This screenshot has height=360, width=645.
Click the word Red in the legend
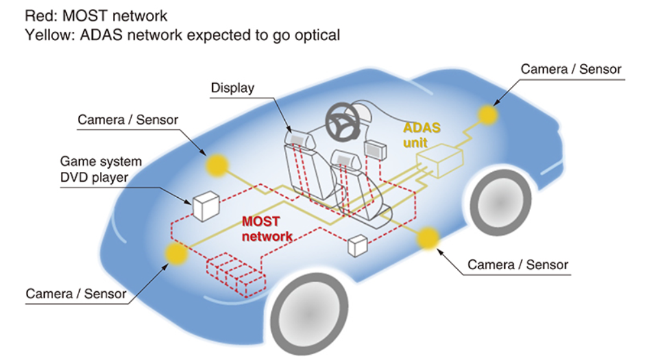click(x=40, y=16)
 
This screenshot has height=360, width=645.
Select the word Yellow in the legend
click(x=49, y=36)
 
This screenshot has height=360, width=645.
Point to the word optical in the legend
click(x=317, y=36)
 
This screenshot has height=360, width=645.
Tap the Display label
click(x=232, y=88)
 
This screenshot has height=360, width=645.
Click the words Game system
click(x=101, y=162)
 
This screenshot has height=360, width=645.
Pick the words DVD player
click(x=94, y=177)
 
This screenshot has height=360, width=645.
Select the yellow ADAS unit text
click(x=421, y=135)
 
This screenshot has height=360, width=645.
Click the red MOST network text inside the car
click(x=267, y=229)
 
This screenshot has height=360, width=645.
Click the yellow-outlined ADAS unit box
click(x=440, y=160)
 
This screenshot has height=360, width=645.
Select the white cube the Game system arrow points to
click(x=206, y=206)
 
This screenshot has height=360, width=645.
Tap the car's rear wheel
click(x=500, y=202)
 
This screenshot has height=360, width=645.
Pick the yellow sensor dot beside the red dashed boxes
click(x=176, y=254)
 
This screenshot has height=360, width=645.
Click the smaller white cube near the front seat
click(x=358, y=246)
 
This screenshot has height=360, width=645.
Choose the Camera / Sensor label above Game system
click(x=128, y=120)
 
